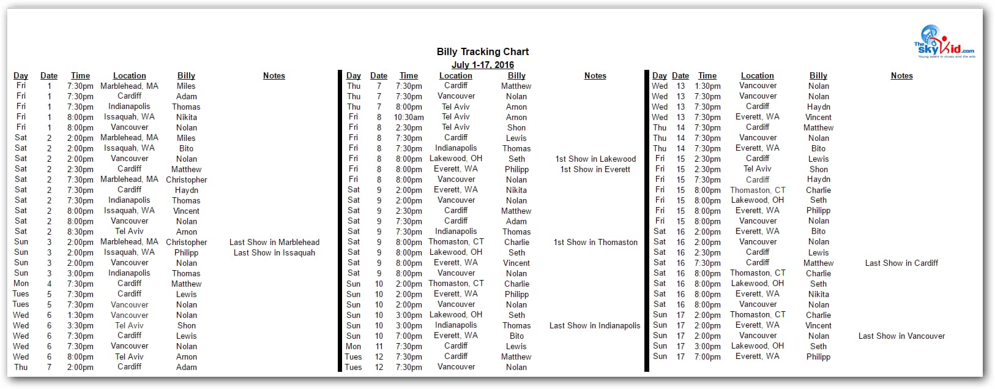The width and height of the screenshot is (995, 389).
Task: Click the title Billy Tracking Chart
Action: tap(482, 52)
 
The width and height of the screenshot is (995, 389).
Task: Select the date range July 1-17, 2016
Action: tap(482, 65)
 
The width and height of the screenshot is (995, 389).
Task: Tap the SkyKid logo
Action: tap(944, 42)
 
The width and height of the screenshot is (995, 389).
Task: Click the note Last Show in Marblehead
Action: tap(274, 243)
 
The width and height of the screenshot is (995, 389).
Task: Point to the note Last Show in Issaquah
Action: tap(274, 253)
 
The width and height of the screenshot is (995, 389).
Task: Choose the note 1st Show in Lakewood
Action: tap(595, 159)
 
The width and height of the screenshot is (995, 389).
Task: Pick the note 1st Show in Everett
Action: tap(595, 170)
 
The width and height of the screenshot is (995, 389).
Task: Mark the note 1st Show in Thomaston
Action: tap(595, 243)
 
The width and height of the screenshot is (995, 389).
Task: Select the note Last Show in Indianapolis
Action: tap(595, 326)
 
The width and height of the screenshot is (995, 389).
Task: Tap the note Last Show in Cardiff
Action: tap(901, 263)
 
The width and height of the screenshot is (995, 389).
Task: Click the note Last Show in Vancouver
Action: tap(901, 336)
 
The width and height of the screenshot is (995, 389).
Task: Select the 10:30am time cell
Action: tap(408, 118)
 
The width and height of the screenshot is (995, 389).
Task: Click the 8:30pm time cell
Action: tap(80, 232)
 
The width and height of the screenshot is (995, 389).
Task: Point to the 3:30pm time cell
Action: tap(80, 326)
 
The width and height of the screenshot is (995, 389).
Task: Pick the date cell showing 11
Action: tap(379, 347)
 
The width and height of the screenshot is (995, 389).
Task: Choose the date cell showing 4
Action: tap(50, 284)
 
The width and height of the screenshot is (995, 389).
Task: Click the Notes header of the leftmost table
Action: tap(274, 76)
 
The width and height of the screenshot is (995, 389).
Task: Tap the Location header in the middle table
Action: tap(455, 76)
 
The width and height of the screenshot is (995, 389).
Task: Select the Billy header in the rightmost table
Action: tap(818, 76)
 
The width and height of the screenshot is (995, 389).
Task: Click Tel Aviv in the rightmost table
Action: tap(757, 169)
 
